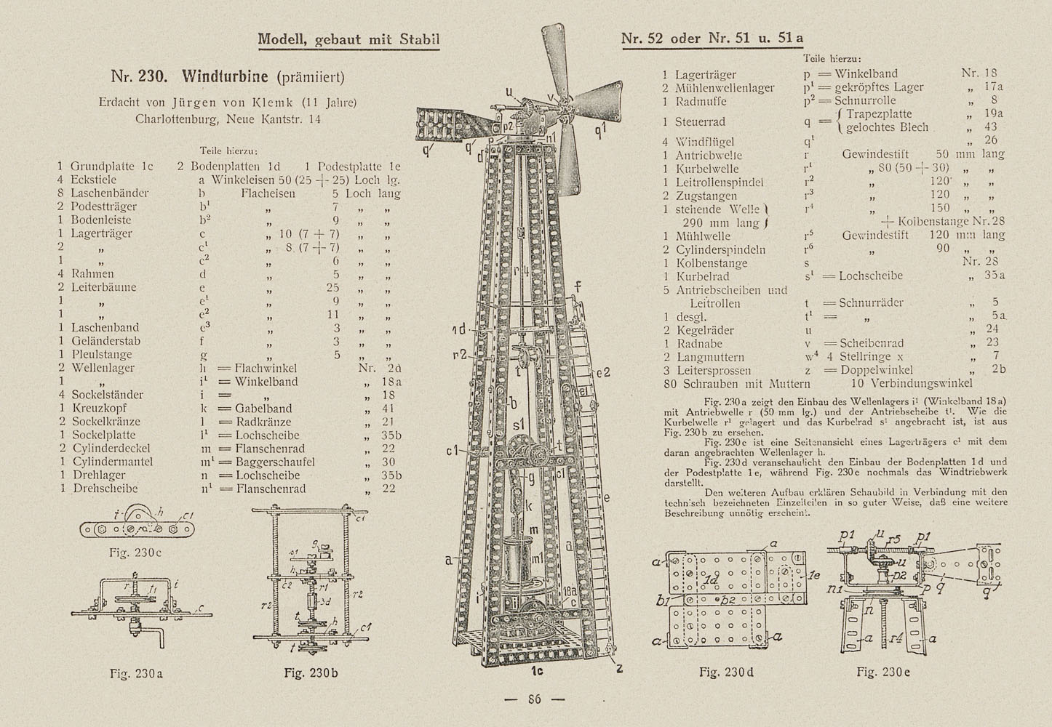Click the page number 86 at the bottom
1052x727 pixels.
click(x=535, y=699)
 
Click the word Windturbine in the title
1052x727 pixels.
click(x=227, y=77)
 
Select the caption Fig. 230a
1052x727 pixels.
click(x=136, y=673)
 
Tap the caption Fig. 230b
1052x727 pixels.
click(x=311, y=673)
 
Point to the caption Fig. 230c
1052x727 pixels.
click(x=136, y=553)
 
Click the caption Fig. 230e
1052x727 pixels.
click(x=883, y=672)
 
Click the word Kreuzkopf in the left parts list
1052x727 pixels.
click(x=101, y=409)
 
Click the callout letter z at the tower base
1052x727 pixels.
click(x=620, y=666)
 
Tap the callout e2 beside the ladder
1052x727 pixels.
click(x=602, y=373)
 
